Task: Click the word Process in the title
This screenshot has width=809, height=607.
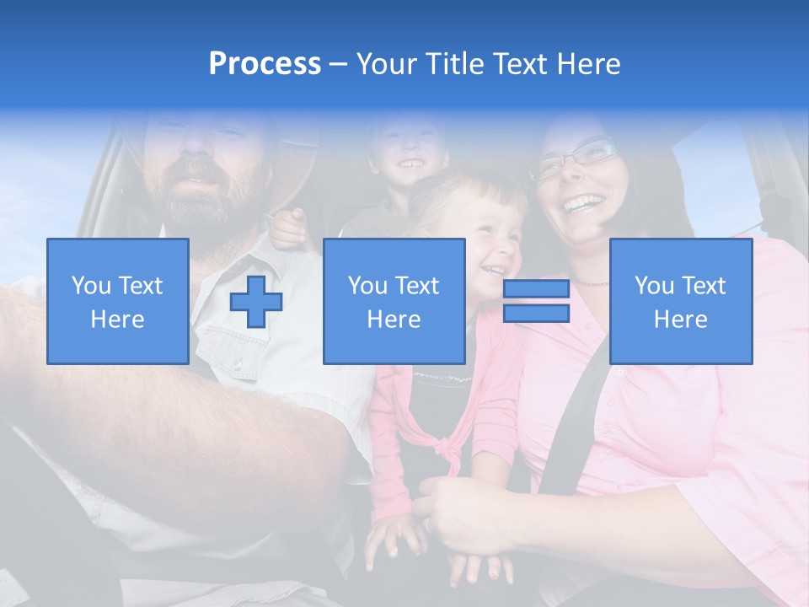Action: point(265,64)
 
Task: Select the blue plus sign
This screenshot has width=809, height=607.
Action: point(256,301)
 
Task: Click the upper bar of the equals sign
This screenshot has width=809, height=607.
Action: point(536,289)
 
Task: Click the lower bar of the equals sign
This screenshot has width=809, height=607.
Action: point(536,314)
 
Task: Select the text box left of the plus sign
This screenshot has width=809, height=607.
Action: point(118,301)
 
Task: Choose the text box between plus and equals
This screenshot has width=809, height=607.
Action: point(394,301)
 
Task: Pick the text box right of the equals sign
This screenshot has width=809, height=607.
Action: point(681,301)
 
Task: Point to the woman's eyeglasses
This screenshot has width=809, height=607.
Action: point(573,158)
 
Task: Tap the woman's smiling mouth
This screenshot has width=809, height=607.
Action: point(584,203)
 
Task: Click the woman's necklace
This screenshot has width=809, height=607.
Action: point(590,282)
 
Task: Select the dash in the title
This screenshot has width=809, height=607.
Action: point(339,64)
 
